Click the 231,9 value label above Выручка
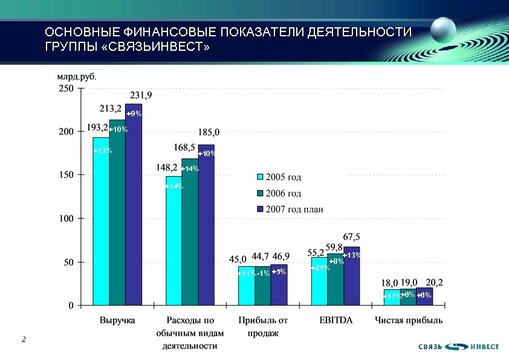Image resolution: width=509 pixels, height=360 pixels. (141, 95)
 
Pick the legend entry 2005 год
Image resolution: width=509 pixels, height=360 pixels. (279, 177)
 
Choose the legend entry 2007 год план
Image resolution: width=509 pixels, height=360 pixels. (289, 209)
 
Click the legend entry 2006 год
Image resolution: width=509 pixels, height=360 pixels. (279, 194)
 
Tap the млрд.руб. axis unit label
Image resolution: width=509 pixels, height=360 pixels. (76, 77)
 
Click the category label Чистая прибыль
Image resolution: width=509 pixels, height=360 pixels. (408, 320)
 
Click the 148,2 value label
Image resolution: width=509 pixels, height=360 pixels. (167, 168)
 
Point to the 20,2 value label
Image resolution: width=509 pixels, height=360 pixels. (435, 282)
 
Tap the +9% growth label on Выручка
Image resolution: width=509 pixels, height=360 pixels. (134, 114)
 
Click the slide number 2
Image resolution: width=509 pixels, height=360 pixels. (23, 340)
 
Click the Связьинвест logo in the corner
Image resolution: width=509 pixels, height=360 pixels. (459, 347)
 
